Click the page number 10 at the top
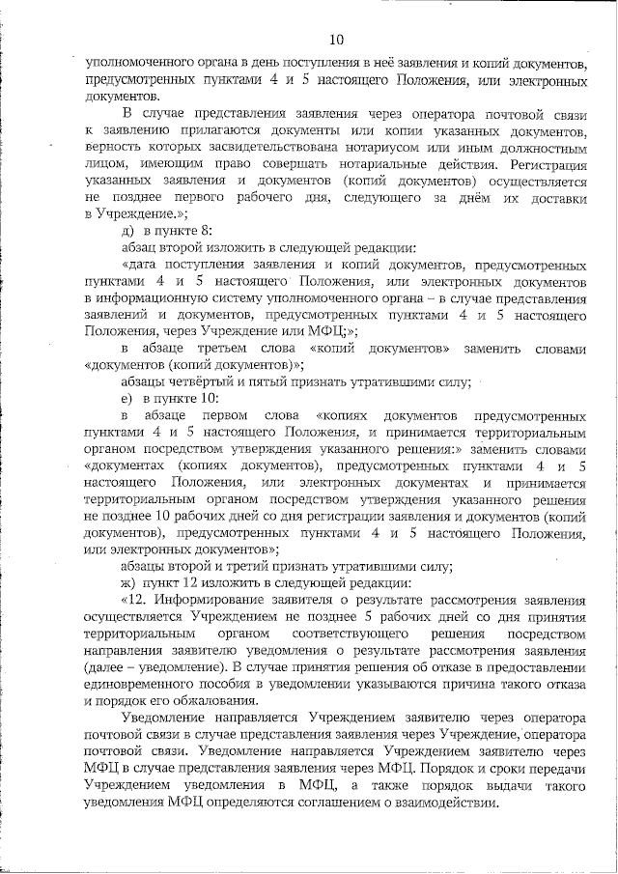point(336,41)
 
